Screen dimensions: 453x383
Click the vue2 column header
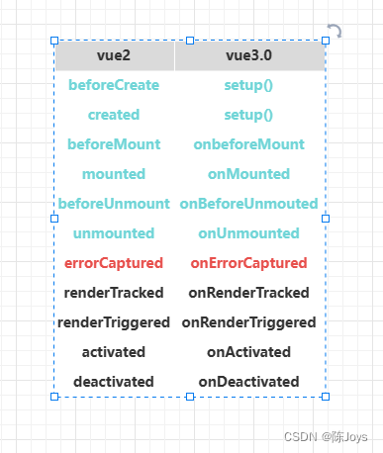pyautogui.click(x=114, y=55)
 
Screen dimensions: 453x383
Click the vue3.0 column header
pyautogui.click(x=248, y=55)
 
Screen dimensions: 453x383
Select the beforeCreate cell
pyautogui.click(x=114, y=85)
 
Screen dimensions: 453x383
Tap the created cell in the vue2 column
pyautogui.click(x=114, y=115)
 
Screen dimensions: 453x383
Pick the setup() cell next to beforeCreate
pyautogui.click(x=248, y=85)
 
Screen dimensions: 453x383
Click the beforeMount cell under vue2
pyautogui.click(x=114, y=144)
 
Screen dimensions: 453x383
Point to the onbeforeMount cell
pyautogui.click(x=248, y=144)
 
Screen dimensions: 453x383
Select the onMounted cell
pyautogui.click(x=248, y=174)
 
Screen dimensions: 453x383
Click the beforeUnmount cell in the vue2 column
pyautogui.click(x=114, y=204)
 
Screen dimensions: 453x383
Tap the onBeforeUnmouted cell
pyautogui.click(x=248, y=204)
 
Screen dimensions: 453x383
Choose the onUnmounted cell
pyautogui.click(x=248, y=233)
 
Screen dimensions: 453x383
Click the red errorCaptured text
pyautogui.click(x=114, y=263)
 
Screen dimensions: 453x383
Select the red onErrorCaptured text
pyautogui.click(x=248, y=263)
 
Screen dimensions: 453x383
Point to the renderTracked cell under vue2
pyautogui.click(x=114, y=293)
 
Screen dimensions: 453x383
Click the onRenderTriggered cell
pyautogui.click(x=248, y=322)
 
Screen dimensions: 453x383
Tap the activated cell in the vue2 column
pyautogui.click(x=114, y=352)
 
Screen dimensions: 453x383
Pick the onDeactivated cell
pyautogui.click(x=248, y=382)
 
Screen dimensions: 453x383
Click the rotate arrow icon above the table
pyautogui.click(x=335, y=32)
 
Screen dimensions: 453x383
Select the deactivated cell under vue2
pyautogui.click(x=114, y=382)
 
